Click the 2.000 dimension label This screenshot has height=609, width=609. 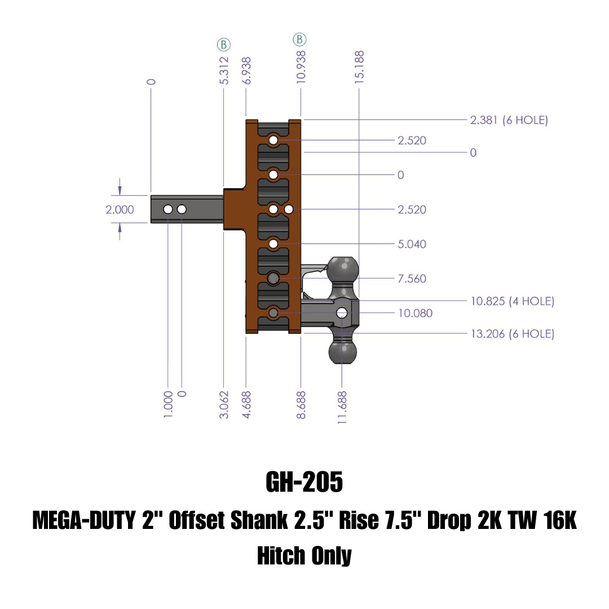[x=120, y=210]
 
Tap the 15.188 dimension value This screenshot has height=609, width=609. [x=359, y=67]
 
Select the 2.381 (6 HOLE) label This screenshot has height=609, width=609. [x=509, y=120]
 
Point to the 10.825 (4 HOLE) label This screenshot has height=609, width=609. [x=512, y=301]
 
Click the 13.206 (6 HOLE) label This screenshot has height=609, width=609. [x=512, y=334]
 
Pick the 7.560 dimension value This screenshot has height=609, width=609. [x=412, y=279]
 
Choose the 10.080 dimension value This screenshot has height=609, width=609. [x=415, y=313]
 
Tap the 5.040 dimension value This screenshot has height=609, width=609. [x=412, y=244]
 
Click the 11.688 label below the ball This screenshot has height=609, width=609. [x=342, y=404]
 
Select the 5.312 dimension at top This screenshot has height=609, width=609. [x=224, y=70]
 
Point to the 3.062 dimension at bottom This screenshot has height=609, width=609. [x=224, y=404]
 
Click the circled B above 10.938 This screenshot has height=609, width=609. [x=299, y=39]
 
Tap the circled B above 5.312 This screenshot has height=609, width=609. [x=224, y=45]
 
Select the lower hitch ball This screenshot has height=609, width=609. [x=342, y=352]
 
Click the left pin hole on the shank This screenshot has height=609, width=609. [x=168, y=210]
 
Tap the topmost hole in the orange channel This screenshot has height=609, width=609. [x=273, y=140]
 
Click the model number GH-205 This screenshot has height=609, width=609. [x=304, y=483]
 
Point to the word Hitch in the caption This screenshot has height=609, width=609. [x=280, y=556]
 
